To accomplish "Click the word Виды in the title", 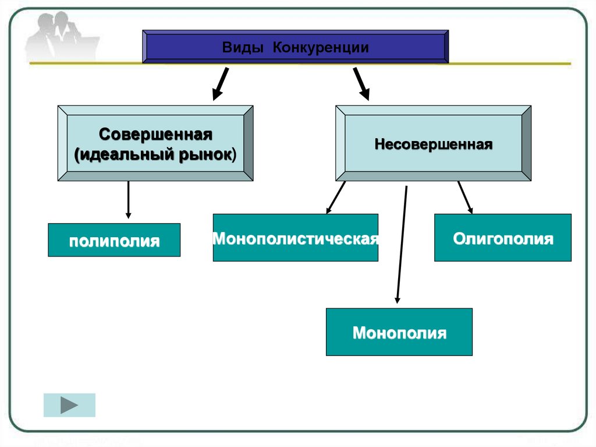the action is pos(243,48).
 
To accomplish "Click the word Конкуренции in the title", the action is pos(321,48).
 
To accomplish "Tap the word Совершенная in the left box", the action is pos(155,135).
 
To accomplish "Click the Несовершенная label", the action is pos(433,145).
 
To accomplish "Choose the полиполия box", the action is pos(114,240).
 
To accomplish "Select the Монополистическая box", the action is pos(295,238).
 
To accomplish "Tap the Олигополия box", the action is pos(502,238).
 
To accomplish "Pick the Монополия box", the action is pos(399,332).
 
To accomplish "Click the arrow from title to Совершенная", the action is pos(221,84).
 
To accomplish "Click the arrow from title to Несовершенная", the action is pos(361,84).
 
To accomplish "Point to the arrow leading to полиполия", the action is pos(128,200).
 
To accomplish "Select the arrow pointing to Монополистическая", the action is pos(336,198).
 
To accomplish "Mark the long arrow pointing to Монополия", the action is pos(402,245).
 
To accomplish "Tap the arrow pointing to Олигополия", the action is pos(465,198).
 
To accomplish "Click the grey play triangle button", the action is pos(69,405).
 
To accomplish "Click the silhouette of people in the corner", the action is pos(61,36).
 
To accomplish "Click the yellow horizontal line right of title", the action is pos(510,64).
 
